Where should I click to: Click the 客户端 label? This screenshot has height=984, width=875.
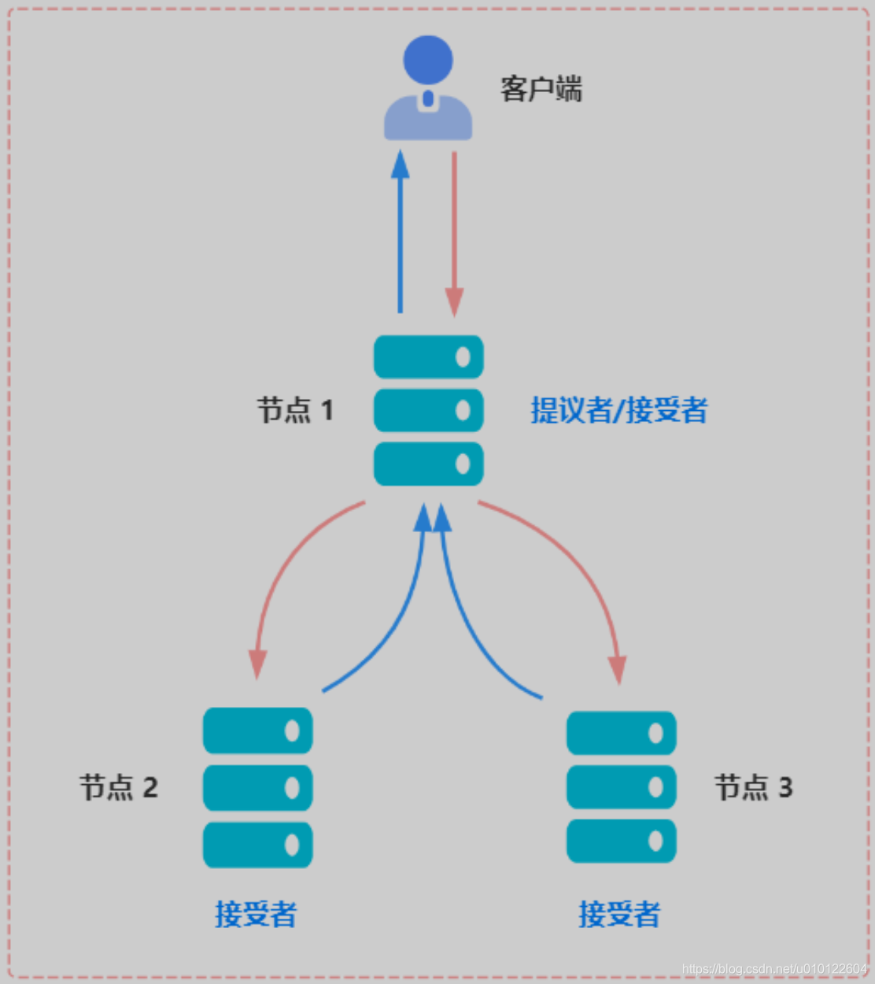[x=541, y=89]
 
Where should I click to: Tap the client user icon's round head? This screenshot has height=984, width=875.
[x=428, y=59]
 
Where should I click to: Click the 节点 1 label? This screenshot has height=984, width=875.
[x=296, y=410]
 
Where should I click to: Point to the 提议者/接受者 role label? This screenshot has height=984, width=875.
[x=618, y=410]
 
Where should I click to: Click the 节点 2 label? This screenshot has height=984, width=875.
[x=119, y=787]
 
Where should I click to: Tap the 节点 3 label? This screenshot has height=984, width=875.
[x=753, y=787]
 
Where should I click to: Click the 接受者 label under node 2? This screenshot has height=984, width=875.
[x=256, y=914]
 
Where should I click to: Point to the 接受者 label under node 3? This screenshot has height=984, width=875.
[x=619, y=914]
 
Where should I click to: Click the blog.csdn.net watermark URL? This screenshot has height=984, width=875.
[x=774, y=969]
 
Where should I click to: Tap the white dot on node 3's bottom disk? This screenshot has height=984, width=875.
[x=655, y=841]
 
